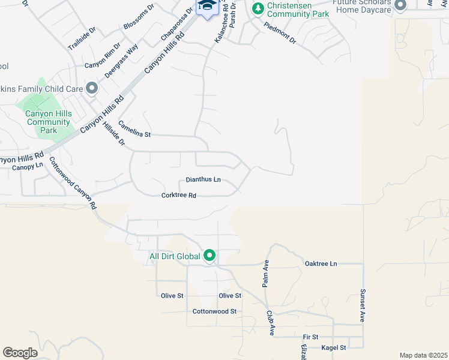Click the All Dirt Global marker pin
coord(209,256)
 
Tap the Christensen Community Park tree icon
coord(258,8)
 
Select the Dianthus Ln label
coord(203,179)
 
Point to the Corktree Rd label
coord(179,196)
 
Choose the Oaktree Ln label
coord(321,263)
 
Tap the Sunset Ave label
coord(363,306)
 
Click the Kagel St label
coord(334,348)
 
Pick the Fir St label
coord(310,337)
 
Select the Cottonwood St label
coord(215,311)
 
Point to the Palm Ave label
coord(265,273)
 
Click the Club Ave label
coord(271,322)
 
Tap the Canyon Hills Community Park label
coord(50,122)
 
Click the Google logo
coord(20,353)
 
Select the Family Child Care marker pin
coord(92,89)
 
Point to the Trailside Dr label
coord(82,38)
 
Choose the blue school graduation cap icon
coord(207,5)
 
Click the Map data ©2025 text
coord(423,355)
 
